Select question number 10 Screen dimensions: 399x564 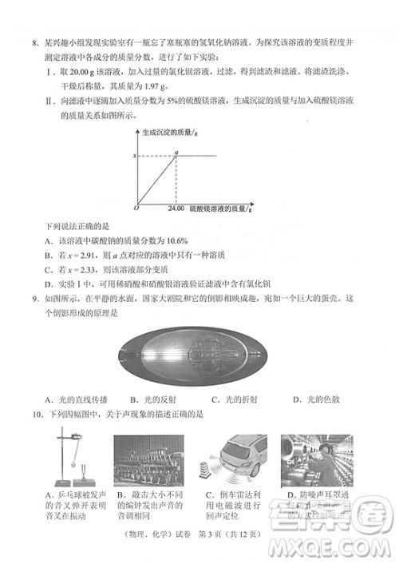[x=37, y=415]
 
